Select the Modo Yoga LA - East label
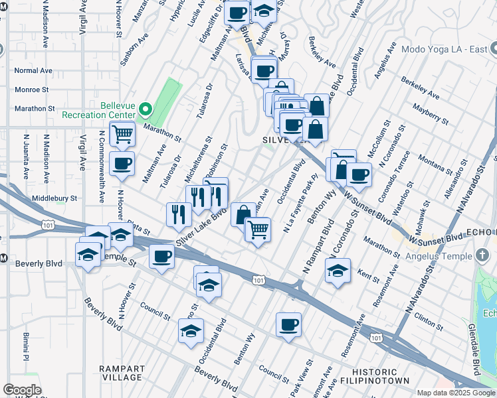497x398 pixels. (442, 49)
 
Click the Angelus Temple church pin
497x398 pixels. (483, 256)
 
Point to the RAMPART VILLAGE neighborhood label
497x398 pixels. (122, 373)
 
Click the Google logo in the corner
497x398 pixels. (22, 390)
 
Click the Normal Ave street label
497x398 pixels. (33, 70)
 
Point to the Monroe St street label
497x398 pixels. (32, 89)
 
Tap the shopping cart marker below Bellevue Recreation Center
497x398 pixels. (122, 134)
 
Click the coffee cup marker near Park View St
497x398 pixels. (288, 325)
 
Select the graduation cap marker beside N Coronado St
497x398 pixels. (338, 271)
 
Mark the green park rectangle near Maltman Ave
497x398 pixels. (170, 97)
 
